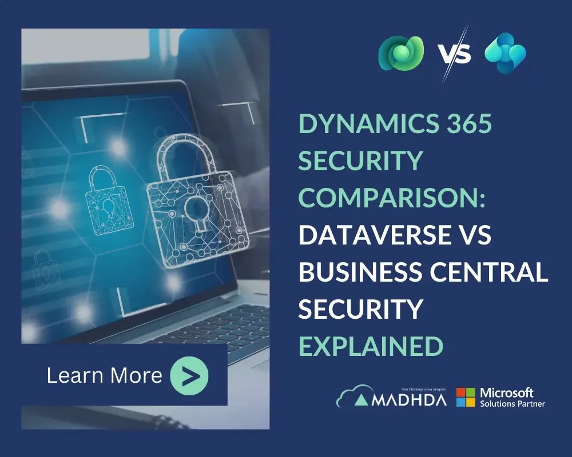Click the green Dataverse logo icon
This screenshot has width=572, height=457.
click(401, 53)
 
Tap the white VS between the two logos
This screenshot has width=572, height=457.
click(454, 54)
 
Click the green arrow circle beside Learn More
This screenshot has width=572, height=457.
click(189, 375)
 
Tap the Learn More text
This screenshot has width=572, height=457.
click(105, 375)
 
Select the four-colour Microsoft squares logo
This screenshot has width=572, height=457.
click(466, 398)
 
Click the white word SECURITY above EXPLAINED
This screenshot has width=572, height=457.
click(361, 308)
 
